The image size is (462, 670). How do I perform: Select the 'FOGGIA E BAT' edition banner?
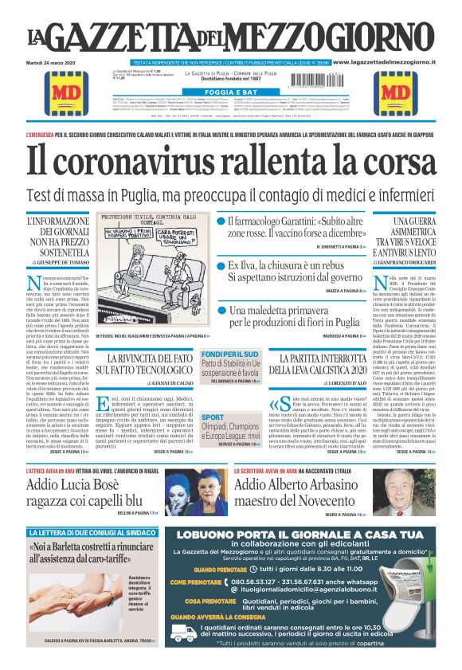coord(229,92)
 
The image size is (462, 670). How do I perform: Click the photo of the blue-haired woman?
coord(190,492)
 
